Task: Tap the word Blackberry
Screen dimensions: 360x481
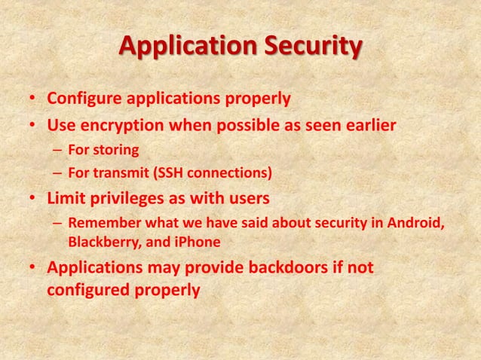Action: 102,243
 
